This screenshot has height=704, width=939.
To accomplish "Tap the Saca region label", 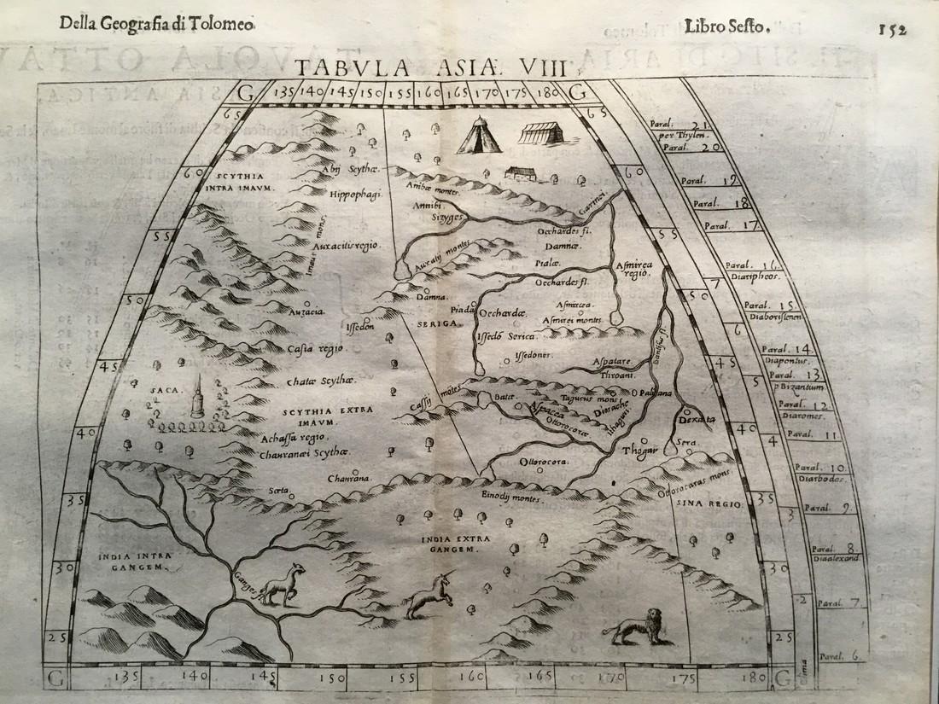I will point(162,390).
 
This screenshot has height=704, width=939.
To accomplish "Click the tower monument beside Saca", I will point(198,397).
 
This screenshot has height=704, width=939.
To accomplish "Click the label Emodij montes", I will point(511,497).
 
